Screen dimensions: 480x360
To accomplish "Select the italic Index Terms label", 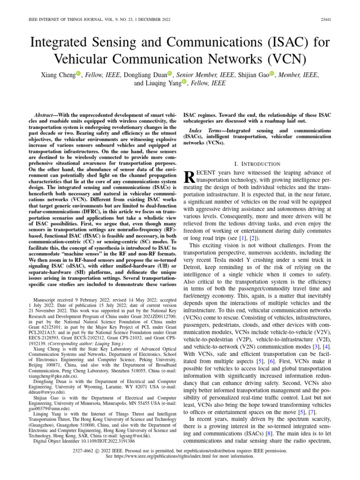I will (x=205, y=129).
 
